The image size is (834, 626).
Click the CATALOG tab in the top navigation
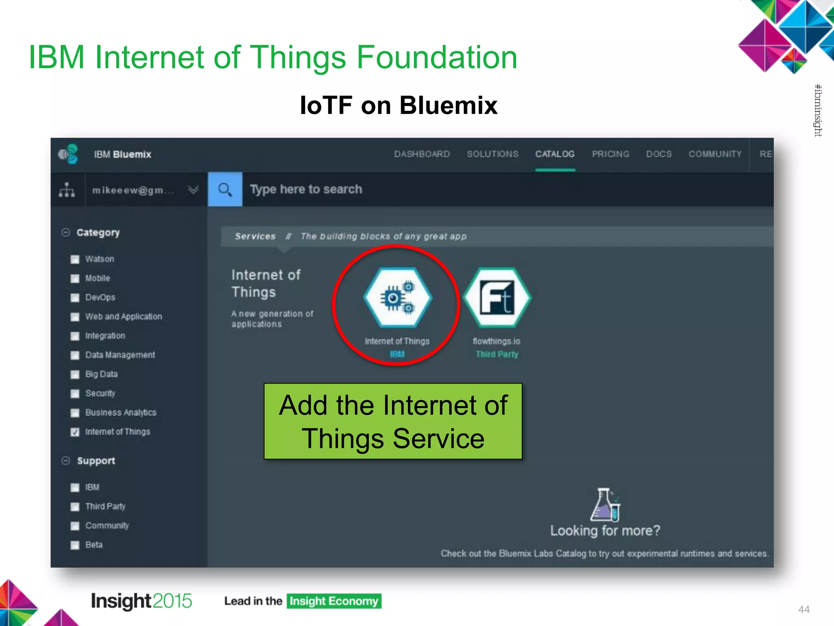555,154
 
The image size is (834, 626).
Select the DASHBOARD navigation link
422,154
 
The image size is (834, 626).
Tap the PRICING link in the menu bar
610,154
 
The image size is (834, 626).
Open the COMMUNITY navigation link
715,154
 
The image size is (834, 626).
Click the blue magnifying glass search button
225,190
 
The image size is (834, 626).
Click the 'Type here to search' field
489,190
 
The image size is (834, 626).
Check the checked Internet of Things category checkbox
75,432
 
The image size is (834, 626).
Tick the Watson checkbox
75,260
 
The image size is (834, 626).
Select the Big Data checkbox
75,375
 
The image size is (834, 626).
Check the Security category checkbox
75,394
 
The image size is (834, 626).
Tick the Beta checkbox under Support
75,545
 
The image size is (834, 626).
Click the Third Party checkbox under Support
75,507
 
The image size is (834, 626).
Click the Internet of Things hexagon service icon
397,298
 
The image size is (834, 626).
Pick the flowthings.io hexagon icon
497,298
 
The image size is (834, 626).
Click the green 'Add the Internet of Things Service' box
393,421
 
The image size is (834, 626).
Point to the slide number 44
804,609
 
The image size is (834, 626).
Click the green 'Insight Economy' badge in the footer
334,601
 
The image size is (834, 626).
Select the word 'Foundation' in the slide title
437,57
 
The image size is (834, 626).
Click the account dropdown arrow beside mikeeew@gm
193,190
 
